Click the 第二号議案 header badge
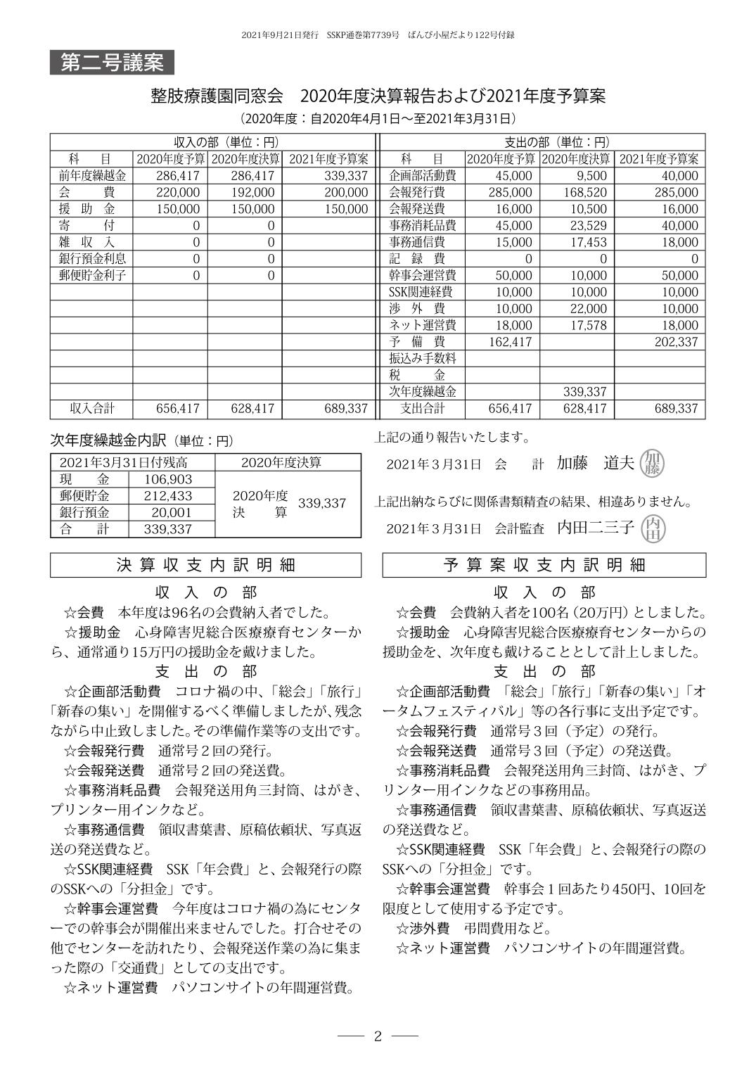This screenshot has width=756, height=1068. pyautogui.click(x=112, y=63)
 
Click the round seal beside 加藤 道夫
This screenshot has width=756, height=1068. pyautogui.click(x=653, y=462)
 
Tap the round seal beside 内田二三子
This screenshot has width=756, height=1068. pyautogui.click(x=654, y=528)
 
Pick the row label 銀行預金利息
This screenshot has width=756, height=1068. pyautogui.click(x=92, y=259)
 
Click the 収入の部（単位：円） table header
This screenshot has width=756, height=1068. pyautogui.click(x=214, y=141)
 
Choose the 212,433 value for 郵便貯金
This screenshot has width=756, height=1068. pyautogui.click(x=168, y=496)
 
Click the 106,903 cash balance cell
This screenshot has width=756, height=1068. pyautogui.click(x=168, y=479)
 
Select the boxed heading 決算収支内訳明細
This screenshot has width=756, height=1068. pyautogui.click(x=205, y=565)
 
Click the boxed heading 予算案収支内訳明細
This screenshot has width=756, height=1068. pyautogui.click(x=544, y=565)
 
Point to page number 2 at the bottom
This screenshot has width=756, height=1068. pyautogui.click(x=378, y=1036)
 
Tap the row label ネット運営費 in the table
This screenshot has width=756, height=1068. pyautogui.click(x=422, y=325)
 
